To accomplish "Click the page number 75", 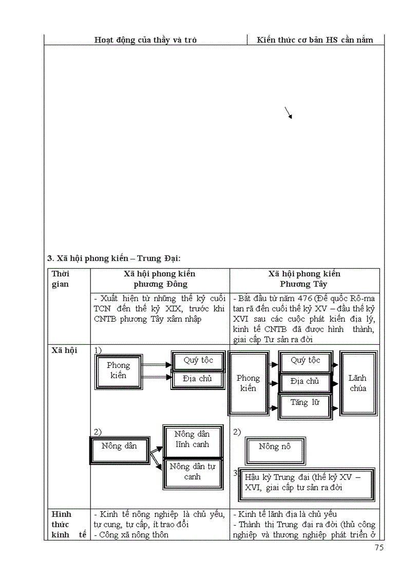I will (x=379, y=547).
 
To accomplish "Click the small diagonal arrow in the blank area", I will (x=289, y=113).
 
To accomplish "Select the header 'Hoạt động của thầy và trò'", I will (x=146, y=40).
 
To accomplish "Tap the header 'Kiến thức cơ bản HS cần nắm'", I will (x=315, y=40).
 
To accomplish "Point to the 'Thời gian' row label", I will (x=61, y=279).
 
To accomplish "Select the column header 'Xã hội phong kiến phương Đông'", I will (x=160, y=279).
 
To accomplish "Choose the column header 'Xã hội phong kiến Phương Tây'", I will (x=304, y=279).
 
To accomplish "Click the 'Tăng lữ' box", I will (x=304, y=403).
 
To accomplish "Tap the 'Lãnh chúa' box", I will (x=358, y=383).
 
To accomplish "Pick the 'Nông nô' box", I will (x=275, y=447).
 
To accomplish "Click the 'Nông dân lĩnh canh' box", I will (x=193, y=440).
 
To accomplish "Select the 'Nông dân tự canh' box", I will (x=193, y=472).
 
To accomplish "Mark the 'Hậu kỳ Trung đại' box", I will (x=307, y=483).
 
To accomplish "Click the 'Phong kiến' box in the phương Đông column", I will (x=119, y=370).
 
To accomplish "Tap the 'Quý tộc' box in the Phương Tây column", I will (x=305, y=361).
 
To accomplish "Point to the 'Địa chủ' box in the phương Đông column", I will (x=198, y=379).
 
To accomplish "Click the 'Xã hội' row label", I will (x=65, y=350).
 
